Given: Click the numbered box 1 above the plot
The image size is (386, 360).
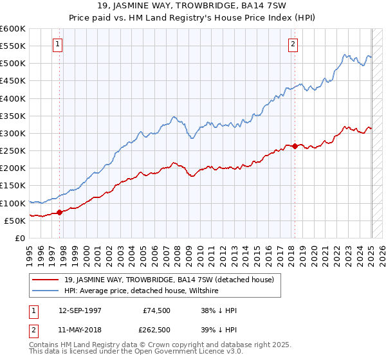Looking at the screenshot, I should pyautogui.click(x=58, y=44).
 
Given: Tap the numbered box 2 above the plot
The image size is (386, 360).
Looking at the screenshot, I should pyautogui.click(x=293, y=44).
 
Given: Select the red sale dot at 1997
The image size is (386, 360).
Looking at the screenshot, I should pyautogui.click(x=59, y=212).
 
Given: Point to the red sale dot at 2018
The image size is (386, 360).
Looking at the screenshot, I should pyautogui.click(x=295, y=146).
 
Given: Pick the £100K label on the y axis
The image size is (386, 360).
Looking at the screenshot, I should pyautogui.click(x=14, y=203).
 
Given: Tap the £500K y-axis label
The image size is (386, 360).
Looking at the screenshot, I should pyautogui.click(x=14, y=64).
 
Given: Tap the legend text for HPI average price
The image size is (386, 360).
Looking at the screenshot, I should pyautogui.click(x=142, y=291).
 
